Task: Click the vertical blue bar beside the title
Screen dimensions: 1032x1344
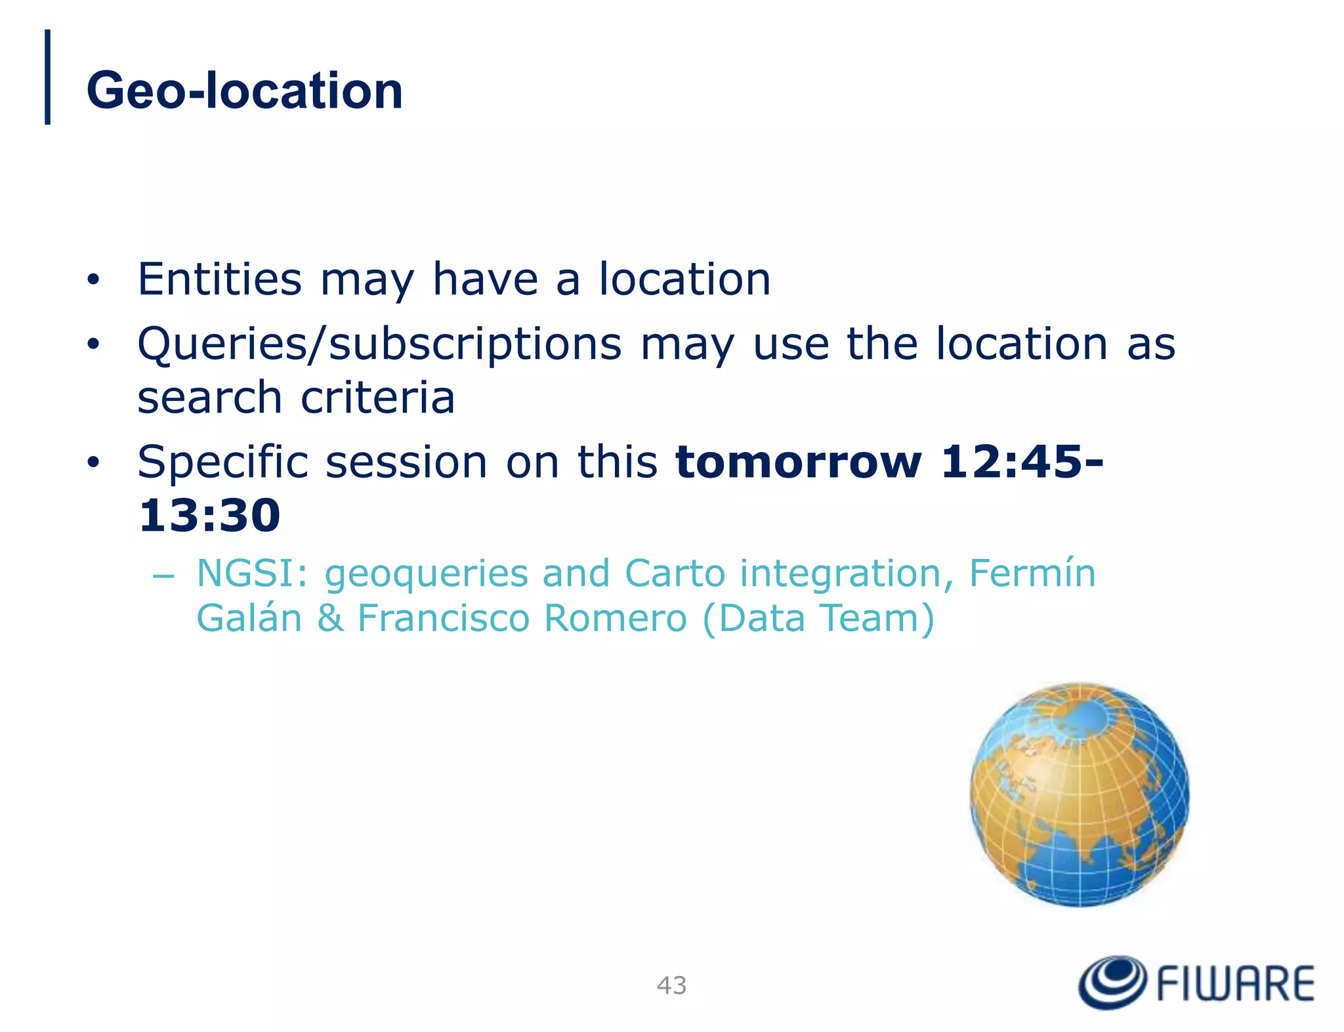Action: (47, 77)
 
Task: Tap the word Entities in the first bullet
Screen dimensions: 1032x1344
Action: (219, 279)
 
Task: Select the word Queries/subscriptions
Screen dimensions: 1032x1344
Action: (379, 344)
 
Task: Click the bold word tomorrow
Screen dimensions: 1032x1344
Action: (799, 462)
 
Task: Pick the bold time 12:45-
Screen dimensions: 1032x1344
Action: (1022, 462)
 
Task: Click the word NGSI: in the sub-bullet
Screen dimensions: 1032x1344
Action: (252, 573)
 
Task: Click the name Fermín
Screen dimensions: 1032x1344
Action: (1032, 573)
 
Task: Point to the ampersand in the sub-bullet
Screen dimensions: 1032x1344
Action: (330, 619)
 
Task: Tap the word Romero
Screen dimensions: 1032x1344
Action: (615, 619)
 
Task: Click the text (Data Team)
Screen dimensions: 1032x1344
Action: (818, 619)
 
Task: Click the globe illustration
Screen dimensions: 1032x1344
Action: (1079, 795)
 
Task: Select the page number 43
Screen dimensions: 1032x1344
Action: (671, 985)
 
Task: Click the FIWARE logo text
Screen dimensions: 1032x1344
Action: (1235, 983)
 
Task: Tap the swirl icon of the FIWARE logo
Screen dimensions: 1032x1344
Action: (1112, 981)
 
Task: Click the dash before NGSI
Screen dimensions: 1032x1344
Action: (162, 577)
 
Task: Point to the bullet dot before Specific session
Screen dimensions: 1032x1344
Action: (94, 463)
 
